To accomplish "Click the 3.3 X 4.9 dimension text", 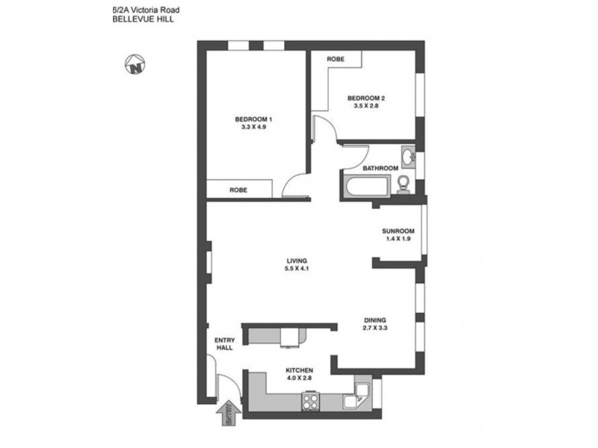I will (x=254, y=128).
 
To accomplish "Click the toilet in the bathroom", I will (x=403, y=184).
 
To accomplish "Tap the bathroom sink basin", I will (x=407, y=158).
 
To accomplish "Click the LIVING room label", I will (x=297, y=261).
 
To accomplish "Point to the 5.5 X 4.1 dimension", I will (x=297, y=269).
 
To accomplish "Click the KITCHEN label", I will (x=298, y=370).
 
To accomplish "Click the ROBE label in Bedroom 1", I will (x=239, y=190).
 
